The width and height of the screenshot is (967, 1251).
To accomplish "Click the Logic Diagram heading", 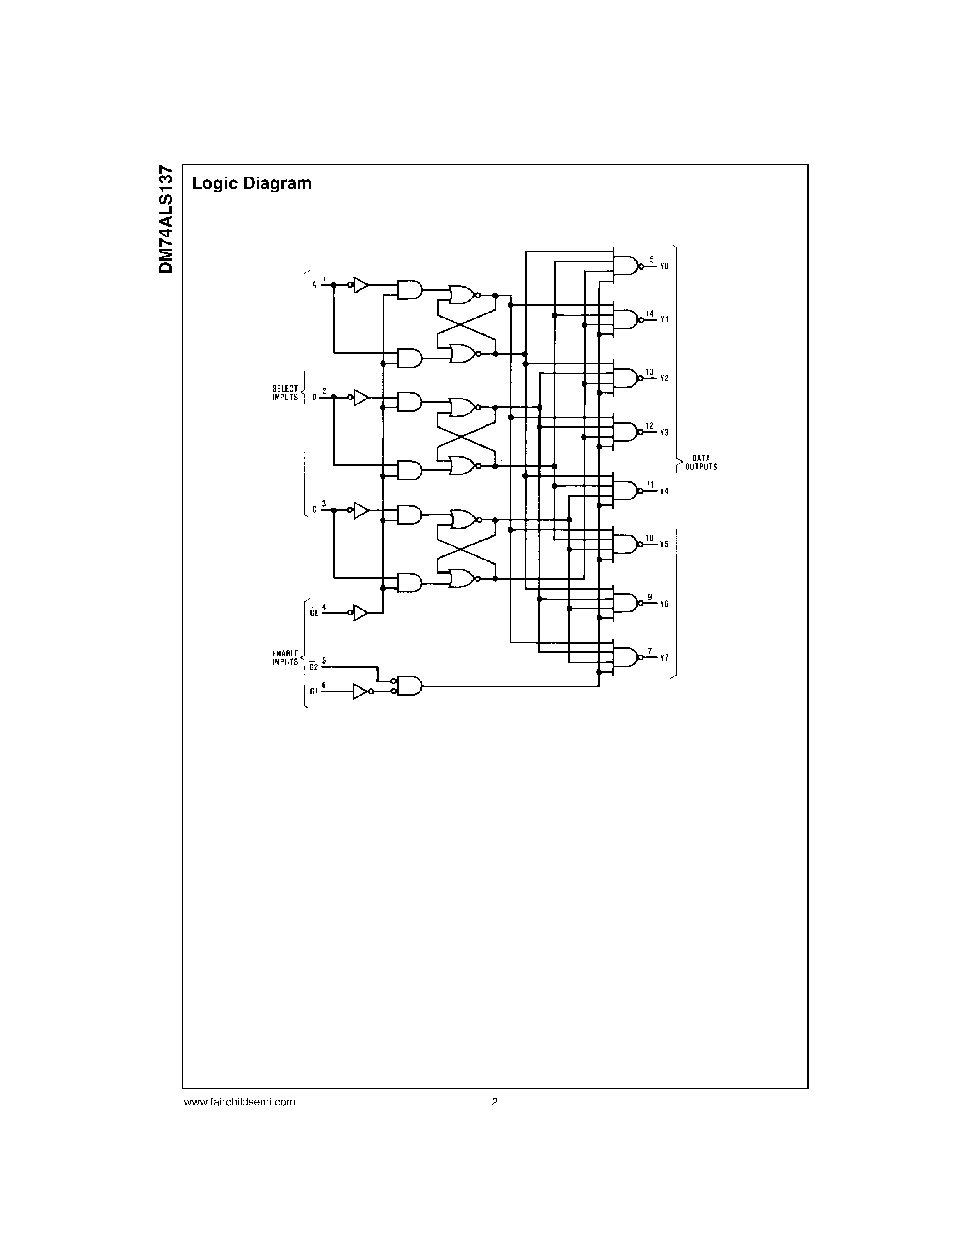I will pyautogui.click(x=252, y=183).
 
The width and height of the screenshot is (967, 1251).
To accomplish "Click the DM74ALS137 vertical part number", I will pyautogui.click(x=166, y=219).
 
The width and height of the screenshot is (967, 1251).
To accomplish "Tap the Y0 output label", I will pyautogui.click(x=664, y=267).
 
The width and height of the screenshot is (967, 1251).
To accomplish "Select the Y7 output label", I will pyautogui.click(x=664, y=658).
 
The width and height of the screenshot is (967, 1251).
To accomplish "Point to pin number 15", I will pyautogui.click(x=650, y=259).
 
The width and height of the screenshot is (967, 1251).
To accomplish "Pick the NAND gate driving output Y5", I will pyautogui.click(x=626, y=544).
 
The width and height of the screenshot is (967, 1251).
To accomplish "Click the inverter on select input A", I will pyautogui.click(x=360, y=285).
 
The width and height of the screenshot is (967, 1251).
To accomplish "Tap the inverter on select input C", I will pyautogui.click(x=360, y=510).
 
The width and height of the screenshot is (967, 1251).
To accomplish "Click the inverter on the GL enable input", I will pyautogui.click(x=360, y=613).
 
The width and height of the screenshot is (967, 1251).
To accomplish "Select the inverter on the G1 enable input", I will pyautogui.click(x=360, y=691).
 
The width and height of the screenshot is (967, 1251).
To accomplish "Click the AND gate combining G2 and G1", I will pyautogui.click(x=409, y=686).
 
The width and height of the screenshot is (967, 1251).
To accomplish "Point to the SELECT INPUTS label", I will pyautogui.click(x=285, y=393).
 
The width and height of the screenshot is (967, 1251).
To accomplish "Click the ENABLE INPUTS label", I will pyautogui.click(x=285, y=658).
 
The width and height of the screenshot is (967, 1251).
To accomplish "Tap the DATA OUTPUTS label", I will pyautogui.click(x=701, y=462).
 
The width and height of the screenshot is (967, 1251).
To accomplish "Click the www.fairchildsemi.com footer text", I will pyautogui.click(x=239, y=1101).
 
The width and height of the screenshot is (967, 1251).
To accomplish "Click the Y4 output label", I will pyautogui.click(x=664, y=491).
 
